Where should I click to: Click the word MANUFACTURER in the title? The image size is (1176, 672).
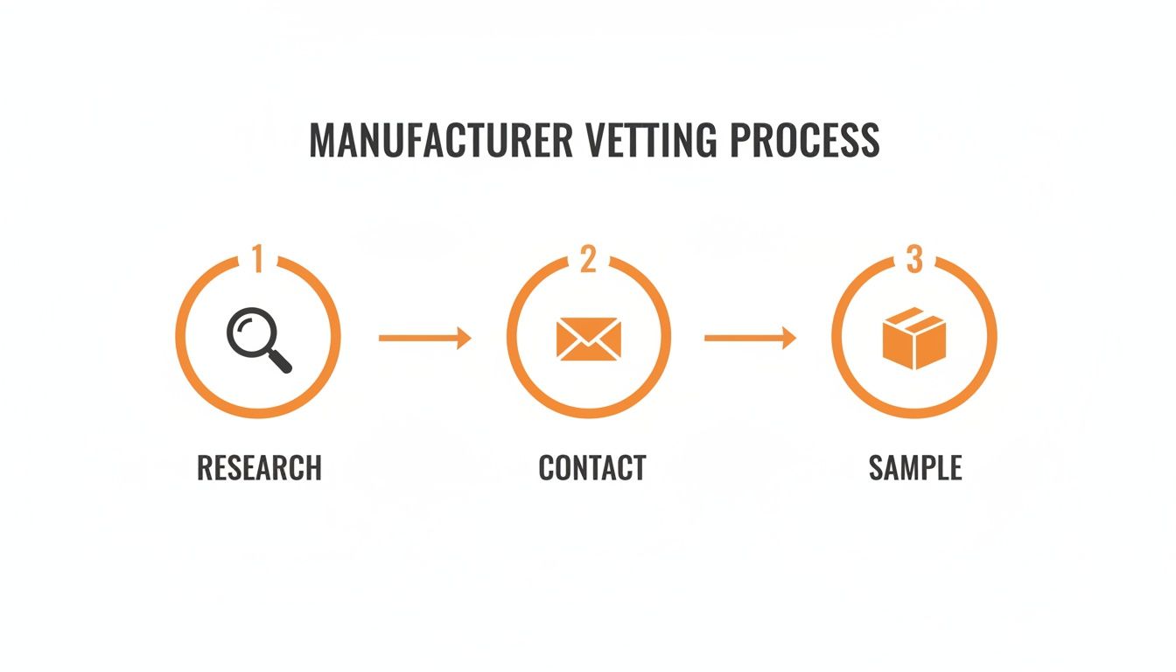(440, 141)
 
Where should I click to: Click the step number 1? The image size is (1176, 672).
(256, 259)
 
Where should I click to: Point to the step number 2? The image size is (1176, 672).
(588, 259)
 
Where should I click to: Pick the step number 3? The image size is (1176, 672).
(914, 259)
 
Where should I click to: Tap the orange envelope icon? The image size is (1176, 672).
(588, 339)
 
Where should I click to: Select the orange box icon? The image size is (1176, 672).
(914, 339)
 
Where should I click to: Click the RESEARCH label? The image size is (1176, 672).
(259, 468)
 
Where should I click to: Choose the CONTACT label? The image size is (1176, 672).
(592, 468)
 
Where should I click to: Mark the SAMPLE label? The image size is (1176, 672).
(915, 468)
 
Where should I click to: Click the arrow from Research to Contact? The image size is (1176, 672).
(424, 338)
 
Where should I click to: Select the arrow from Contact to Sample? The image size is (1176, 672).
(750, 338)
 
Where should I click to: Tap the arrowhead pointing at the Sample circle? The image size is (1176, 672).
(789, 338)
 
